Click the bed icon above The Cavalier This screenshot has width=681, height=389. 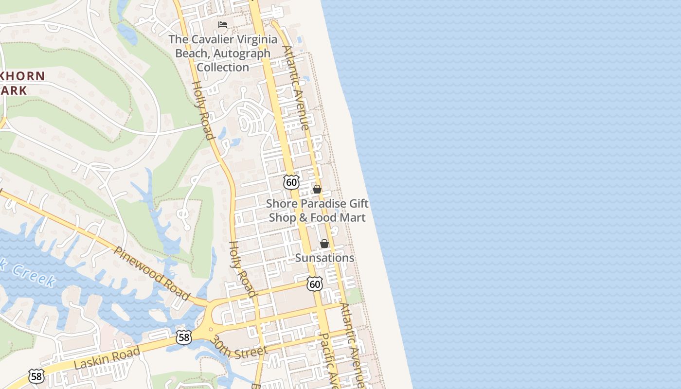coord(223,24)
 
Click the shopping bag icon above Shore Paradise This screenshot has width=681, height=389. coord(317,189)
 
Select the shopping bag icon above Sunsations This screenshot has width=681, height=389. coord(324,244)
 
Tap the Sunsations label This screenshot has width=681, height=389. coord(324,258)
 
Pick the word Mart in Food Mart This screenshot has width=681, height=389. coord(352,217)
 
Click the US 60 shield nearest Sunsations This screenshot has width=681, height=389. coord(315,284)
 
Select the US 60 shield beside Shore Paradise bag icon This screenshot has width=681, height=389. coord(291,182)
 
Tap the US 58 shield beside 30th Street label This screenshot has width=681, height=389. coord(183,337)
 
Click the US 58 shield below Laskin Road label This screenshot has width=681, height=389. coord(36,376)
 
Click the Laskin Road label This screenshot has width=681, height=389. coord(108,358)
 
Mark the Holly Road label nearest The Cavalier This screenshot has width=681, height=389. coord(203,110)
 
